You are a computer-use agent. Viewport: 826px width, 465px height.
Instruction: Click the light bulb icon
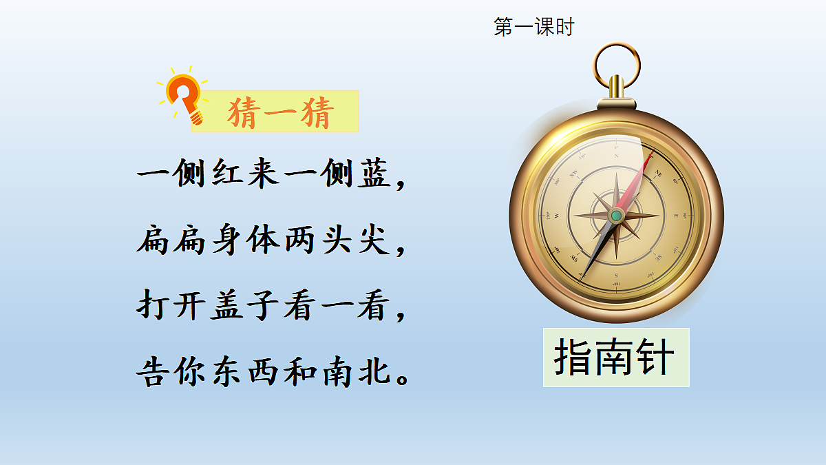[x=184, y=96]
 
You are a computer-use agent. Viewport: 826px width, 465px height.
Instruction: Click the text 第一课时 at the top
[x=533, y=28]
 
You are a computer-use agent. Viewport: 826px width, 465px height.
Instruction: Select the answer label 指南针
[x=615, y=358]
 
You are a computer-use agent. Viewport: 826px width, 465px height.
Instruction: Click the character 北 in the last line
[x=376, y=372]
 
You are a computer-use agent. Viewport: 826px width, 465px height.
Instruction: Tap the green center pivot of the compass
[x=617, y=216]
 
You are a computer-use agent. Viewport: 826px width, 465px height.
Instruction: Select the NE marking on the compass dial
[x=658, y=174]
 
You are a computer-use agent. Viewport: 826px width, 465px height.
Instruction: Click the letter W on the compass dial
[x=557, y=216]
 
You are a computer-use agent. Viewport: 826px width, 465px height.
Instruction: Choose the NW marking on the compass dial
[x=574, y=174]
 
